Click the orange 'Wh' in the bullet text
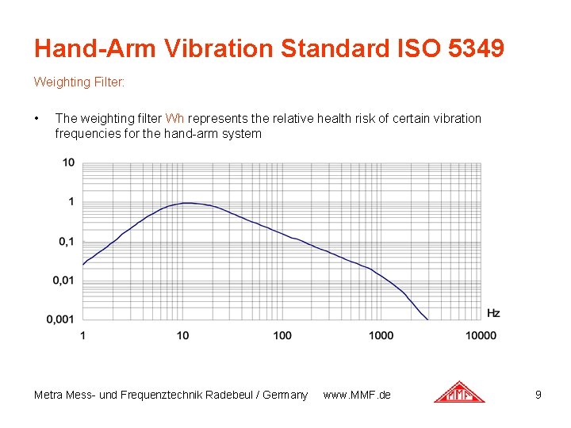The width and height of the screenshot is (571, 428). (174, 118)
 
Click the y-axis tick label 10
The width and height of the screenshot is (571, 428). (69, 162)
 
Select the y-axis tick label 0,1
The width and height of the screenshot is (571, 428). (66, 241)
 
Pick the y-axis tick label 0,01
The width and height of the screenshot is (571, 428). (63, 280)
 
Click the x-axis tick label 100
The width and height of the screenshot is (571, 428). (282, 335)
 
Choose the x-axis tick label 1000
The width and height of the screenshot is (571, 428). (381, 335)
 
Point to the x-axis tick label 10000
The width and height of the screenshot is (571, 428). (481, 335)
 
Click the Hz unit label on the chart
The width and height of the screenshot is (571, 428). (493, 313)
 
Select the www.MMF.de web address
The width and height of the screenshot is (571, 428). (357, 395)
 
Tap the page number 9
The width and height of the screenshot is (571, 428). (538, 394)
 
